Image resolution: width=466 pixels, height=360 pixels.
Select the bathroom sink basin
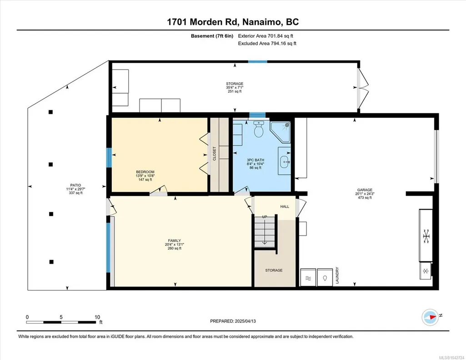pos(285,161)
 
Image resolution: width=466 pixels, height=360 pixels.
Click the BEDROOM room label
pos(145,172)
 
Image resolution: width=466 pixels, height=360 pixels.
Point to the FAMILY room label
pos(175,240)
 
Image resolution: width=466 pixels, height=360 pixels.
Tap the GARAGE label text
pos(365,190)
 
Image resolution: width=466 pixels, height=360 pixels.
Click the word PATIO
pos(75,185)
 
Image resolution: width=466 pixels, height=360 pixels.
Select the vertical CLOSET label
pos(215,154)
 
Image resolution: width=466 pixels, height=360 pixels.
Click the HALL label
pos(285,206)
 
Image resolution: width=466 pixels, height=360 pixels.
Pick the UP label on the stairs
pos(265,217)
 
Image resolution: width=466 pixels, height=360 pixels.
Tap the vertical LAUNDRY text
pos(337,275)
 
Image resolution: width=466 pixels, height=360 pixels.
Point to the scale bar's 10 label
pos(97,317)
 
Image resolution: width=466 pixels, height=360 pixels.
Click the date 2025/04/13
pos(245,321)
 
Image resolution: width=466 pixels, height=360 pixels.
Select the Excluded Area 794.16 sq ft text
pos(267,43)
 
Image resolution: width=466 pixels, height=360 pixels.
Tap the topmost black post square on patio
pos(51,112)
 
